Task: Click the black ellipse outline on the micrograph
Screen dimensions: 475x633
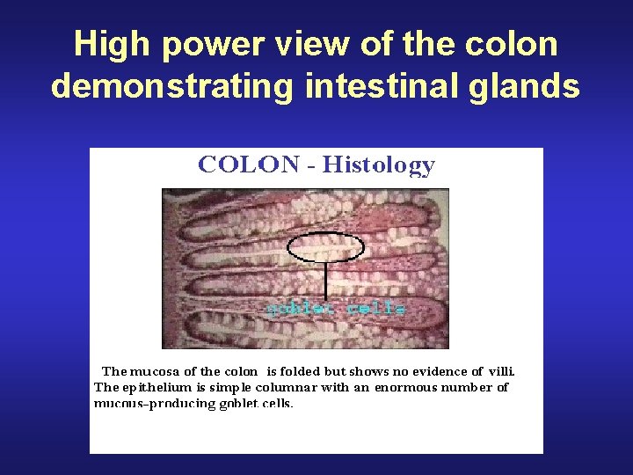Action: pos(326,236)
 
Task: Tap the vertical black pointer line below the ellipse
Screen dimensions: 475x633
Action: pos(326,281)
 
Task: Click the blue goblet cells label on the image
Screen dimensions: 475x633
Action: pos(337,309)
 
